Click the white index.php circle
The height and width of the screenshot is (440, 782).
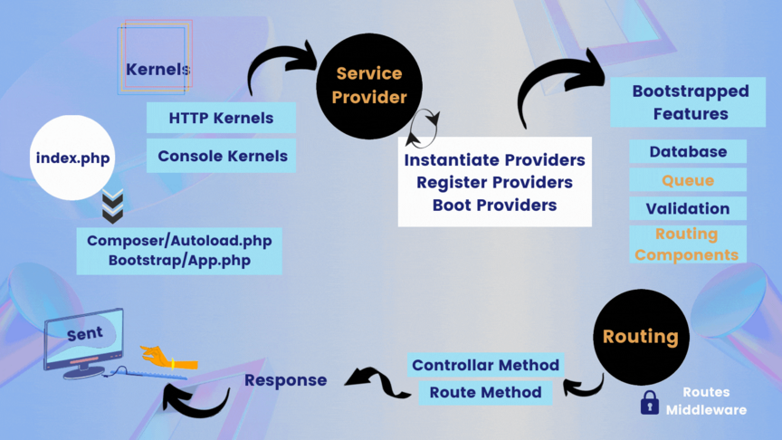[x=73, y=158]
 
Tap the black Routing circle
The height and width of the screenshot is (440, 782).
[x=641, y=336]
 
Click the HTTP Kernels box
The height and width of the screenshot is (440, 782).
[x=222, y=118]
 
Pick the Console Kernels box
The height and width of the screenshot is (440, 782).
[x=222, y=156]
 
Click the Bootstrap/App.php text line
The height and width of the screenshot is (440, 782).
[x=178, y=260]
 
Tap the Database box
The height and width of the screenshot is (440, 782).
[x=688, y=152]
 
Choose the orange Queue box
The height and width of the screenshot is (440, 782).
[x=688, y=180]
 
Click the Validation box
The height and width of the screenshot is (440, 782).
[x=688, y=208]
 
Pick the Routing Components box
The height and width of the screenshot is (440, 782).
[x=687, y=244]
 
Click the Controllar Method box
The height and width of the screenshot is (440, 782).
[x=486, y=365]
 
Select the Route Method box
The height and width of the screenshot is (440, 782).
[x=486, y=392]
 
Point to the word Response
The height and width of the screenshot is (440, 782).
[x=285, y=380]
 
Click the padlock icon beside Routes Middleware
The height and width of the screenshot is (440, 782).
[x=649, y=403]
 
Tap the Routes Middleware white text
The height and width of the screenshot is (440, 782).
[x=707, y=401]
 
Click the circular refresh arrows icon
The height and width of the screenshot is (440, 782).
[x=423, y=129]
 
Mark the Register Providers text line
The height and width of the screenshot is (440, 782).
[x=494, y=182]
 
